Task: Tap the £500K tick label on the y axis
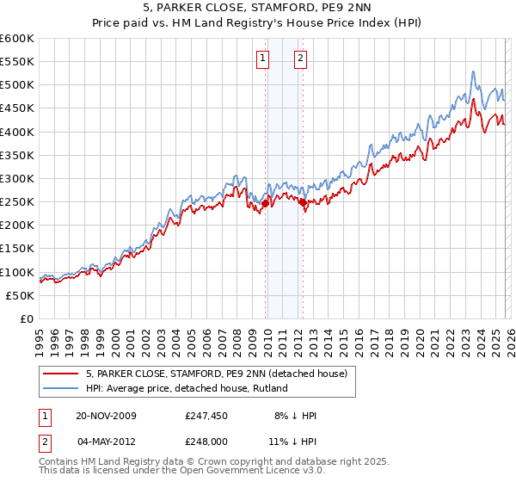(16, 85)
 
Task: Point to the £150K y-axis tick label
(16, 249)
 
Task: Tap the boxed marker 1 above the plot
(262, 59)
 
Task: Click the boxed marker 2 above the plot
(300, 59)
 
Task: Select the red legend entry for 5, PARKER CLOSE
(216, 374)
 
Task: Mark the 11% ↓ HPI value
(294, 442)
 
